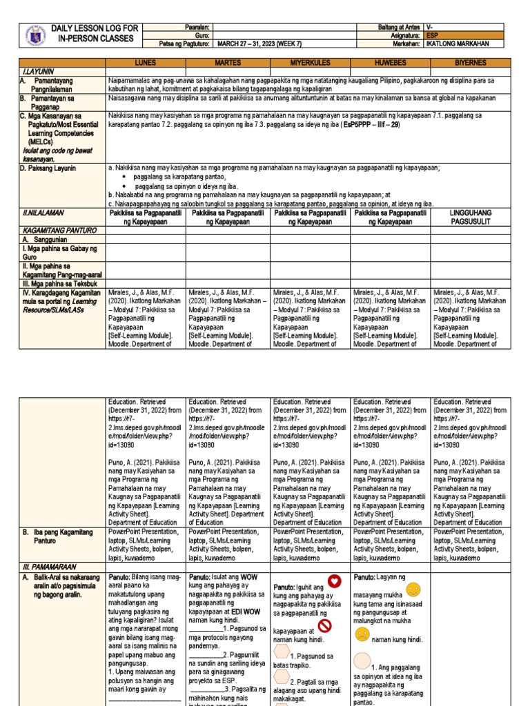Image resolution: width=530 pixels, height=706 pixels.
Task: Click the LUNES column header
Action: point(145,63)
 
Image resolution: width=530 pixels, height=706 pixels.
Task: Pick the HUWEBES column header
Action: point(391,63)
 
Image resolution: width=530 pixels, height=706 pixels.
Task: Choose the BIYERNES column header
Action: point(469,63)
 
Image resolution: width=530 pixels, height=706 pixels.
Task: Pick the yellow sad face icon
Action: point(362,635)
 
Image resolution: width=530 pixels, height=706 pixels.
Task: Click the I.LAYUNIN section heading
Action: point(35,72)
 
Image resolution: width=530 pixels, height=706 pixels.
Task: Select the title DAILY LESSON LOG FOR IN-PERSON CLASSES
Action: point(95,33)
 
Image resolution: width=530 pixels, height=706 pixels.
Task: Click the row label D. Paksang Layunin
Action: point(48,168)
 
